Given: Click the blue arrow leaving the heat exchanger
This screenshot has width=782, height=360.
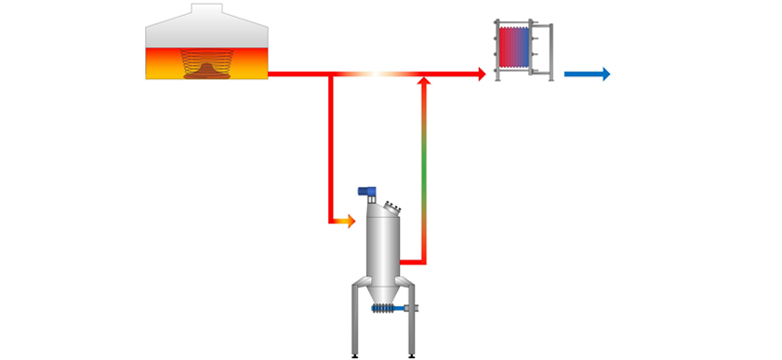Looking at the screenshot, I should click(588, 74).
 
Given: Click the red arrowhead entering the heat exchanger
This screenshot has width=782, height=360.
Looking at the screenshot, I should click(482, 74).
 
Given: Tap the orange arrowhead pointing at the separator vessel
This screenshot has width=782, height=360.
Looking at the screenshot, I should click(349, 220).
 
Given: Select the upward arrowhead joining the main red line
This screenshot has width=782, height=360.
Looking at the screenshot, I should click(424, 84).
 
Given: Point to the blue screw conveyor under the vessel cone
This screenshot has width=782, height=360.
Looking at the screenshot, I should click(384, 309).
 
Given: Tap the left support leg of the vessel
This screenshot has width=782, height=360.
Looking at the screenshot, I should click(354, 321).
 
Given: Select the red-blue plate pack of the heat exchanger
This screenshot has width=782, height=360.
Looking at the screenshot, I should click(514, 47).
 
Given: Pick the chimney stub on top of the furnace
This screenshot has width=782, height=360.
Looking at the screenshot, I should click(206, 10).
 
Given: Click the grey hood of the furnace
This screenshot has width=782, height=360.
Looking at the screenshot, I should click(206, 33).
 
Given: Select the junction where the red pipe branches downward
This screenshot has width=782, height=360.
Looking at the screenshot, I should click(330, 74).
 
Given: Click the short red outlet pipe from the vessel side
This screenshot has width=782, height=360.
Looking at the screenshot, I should click(414, 262).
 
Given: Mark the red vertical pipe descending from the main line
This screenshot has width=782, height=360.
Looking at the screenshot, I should click(330, 149).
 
